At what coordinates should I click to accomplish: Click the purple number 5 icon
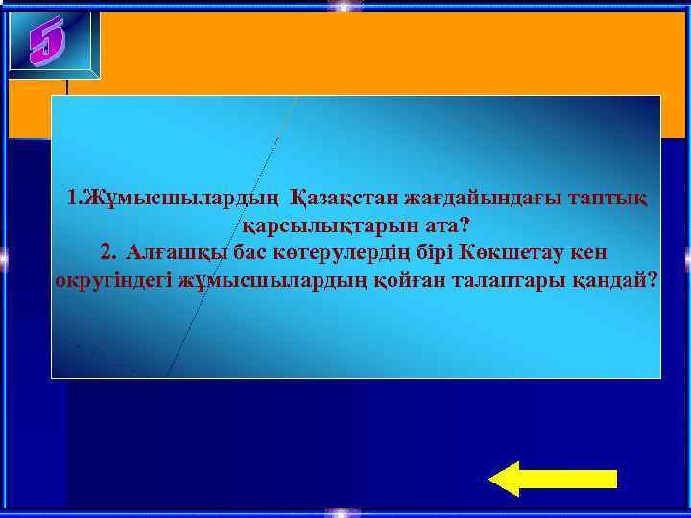(x=47, y=42)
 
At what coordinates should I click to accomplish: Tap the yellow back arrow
(x=552, y=478)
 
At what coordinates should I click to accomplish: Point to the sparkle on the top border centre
(x=340, y=6)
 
